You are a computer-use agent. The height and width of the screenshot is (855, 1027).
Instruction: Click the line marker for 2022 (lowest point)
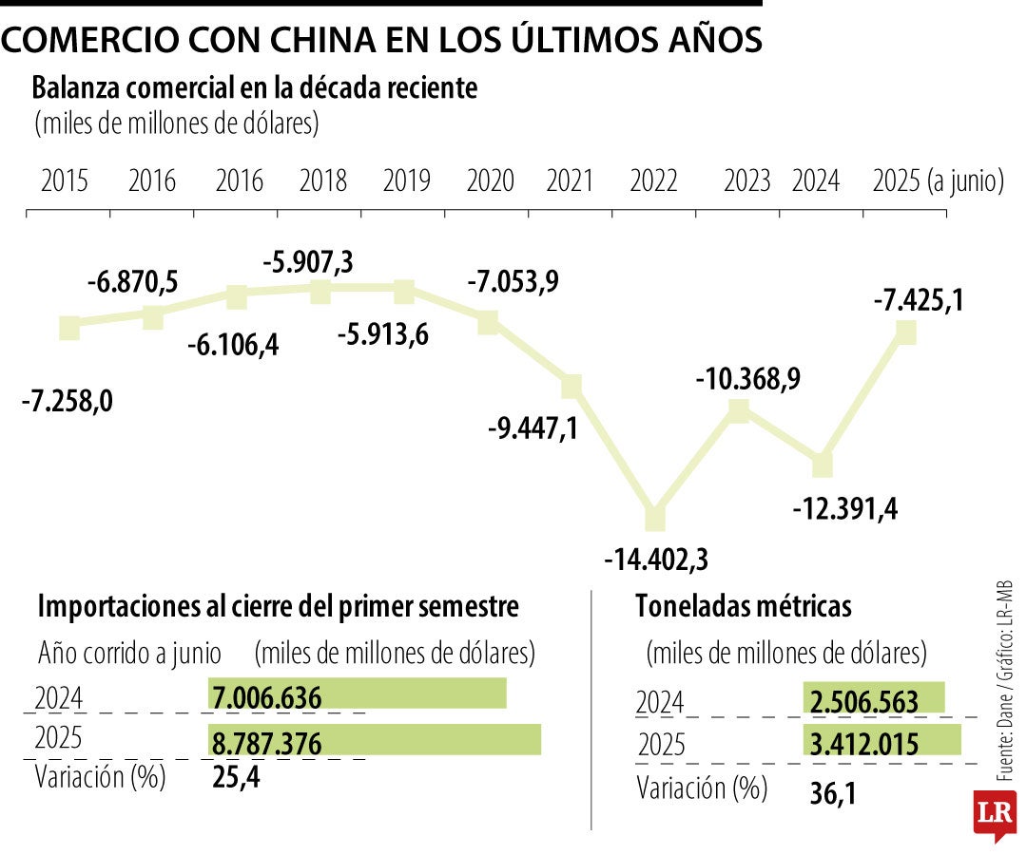click(654, 518)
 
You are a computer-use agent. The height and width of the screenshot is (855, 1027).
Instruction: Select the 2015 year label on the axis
click(65, 180)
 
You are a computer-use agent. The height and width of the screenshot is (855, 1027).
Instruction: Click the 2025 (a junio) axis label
click(938, 180)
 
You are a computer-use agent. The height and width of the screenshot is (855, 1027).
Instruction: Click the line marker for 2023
click(739, 409)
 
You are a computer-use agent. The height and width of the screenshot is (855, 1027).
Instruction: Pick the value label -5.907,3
click(307, 261)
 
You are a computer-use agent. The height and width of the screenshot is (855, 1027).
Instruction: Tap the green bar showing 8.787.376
click(374, 740)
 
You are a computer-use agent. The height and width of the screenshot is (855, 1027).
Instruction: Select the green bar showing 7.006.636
click(357, 694)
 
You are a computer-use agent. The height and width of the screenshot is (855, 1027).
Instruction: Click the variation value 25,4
click(234, 779)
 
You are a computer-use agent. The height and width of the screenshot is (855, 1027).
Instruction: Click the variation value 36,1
click(832, 791)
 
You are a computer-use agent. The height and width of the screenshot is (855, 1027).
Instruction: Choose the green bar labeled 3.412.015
click(882, 741)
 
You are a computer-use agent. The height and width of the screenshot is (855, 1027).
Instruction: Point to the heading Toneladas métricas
click(744, 605)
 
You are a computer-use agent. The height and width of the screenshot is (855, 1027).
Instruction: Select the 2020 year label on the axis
click(491, 180)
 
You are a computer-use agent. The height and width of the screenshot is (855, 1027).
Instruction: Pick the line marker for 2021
click(571, 386)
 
